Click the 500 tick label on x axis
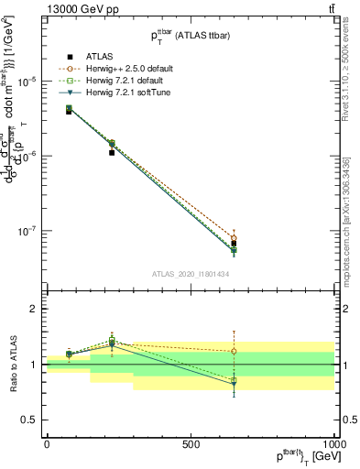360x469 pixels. [191, 444]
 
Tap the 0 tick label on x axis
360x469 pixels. [47, 444]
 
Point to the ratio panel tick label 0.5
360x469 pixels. [31, 420]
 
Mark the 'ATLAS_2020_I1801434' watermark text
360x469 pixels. [190, 274]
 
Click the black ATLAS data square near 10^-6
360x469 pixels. [112, 153]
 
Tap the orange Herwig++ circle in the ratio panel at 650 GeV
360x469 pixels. [234, 351]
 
